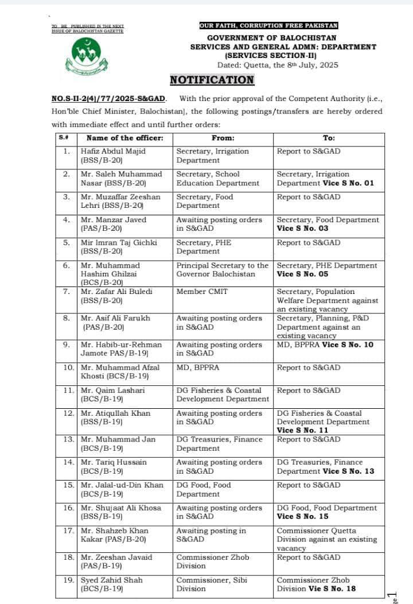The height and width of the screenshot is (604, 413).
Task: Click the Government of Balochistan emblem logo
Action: (x=86, y=56)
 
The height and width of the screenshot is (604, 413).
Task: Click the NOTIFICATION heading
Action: (x=212, y=80)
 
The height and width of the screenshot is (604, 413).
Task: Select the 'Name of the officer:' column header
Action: (x=124, y=138)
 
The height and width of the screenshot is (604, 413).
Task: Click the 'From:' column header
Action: (x=223, y=138)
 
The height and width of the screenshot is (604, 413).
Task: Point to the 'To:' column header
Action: (x=329, y=138)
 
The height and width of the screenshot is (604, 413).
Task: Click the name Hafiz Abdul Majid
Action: (x=112, y=151)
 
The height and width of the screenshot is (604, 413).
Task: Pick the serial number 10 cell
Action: (x=68, y=367)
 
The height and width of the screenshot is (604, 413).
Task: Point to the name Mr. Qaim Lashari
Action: (x=112, y=390)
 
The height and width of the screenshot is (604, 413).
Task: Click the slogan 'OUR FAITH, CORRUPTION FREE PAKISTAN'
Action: (x=268, y=26)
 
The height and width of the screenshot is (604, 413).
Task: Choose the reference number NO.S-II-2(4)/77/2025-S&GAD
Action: (x=108, y=99)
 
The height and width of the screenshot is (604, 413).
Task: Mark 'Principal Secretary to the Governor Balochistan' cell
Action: (x=222, y=270)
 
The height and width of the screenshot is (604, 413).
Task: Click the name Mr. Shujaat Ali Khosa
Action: (x=120, y=508)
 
